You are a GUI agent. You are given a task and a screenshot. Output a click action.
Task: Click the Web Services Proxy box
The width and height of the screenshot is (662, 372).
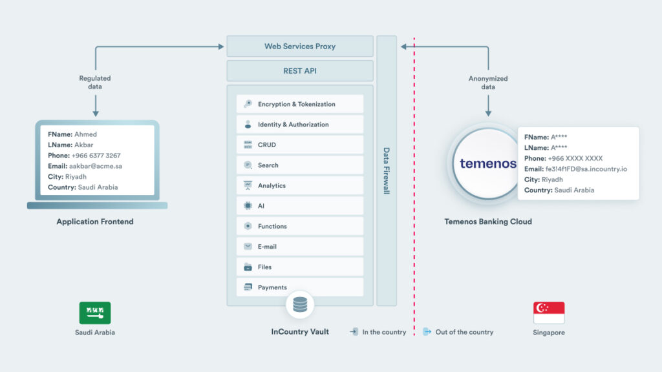pos(300,46)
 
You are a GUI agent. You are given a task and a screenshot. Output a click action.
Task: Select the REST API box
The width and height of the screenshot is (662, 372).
pos(300,71)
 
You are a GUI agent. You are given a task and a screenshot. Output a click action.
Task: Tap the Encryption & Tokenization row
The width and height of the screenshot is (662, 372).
pos(299,104)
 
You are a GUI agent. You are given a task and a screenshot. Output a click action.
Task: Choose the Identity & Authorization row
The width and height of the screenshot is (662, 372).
pos(299,125)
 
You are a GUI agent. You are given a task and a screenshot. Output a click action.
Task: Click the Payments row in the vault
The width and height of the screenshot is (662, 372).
pos(299,287)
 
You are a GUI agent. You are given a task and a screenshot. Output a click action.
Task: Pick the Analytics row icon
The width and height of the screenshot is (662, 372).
pos(248,185)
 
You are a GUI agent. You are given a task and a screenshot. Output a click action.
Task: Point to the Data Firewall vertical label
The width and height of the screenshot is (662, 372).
pos(387,171)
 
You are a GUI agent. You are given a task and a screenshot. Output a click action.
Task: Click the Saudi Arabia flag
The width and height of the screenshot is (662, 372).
pos(95,313)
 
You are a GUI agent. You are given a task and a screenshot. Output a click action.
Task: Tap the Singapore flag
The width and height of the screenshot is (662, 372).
pos(549,313)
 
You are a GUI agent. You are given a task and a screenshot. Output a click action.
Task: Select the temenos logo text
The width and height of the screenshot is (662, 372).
pos(488,163)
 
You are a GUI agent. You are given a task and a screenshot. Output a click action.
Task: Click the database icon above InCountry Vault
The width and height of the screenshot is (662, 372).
pos(300,304)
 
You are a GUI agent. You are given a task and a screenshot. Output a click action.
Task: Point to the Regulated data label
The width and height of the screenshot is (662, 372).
pos(95,82)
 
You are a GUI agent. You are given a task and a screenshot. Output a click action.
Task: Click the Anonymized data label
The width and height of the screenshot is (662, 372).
pos(488,83)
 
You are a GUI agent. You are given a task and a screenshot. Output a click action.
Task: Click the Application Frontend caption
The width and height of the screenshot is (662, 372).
pos(95,222)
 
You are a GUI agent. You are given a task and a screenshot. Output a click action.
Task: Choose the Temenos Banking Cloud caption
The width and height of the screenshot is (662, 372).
pos(488,222)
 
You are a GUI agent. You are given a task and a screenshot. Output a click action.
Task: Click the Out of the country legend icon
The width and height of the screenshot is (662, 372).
pos(427,332)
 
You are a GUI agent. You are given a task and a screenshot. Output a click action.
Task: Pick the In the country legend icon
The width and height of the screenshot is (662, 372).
pos(354,332)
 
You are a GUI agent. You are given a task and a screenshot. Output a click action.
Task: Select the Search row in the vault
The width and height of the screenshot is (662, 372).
pos(299,165)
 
